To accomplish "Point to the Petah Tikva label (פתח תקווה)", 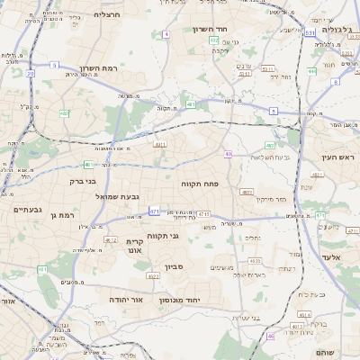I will (x=208, y=183).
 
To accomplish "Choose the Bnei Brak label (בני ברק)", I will (x=83, y=181).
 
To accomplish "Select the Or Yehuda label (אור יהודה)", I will (x=125, y=299).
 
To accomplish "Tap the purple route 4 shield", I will (x=166, y=34).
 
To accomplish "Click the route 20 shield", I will (x=30, y=73).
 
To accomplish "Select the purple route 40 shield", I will (x=228, y=155).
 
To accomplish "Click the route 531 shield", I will (x=310, y=33).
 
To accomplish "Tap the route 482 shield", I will (x=64, y=113).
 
